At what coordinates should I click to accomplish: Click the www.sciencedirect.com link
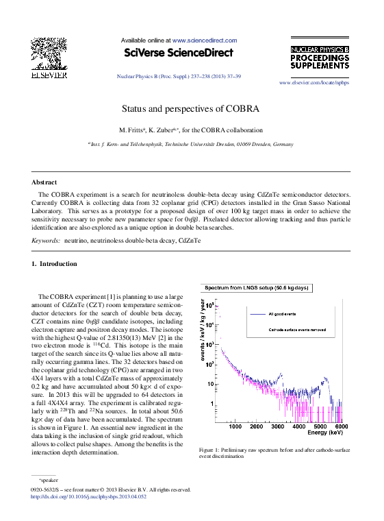point(205,40)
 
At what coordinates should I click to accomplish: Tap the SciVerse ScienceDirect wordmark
point(178,53)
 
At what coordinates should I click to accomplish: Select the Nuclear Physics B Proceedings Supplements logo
point(320,58)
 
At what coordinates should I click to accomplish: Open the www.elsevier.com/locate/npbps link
point(314,82)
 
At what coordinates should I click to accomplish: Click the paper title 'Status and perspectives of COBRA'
point(191,108)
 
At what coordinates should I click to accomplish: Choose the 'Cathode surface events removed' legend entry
point(300,330)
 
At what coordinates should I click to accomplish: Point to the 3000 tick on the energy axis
point(277,426)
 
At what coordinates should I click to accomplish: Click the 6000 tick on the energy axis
point(341,426)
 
